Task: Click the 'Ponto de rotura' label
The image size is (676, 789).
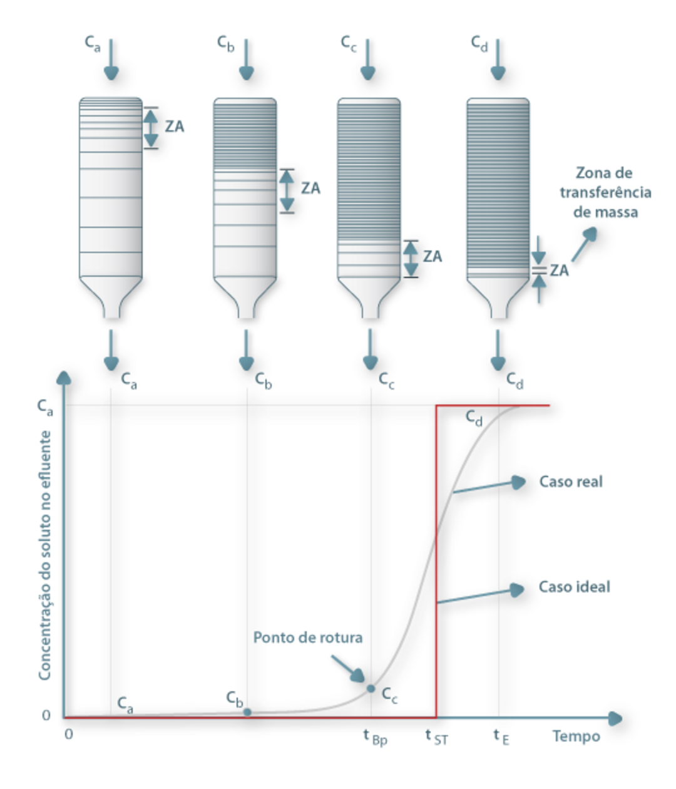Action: (307, 638)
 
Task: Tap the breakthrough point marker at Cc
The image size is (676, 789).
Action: (371, 689)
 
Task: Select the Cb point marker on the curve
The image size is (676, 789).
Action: (247, 712)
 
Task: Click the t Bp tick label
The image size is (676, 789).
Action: (375, 736)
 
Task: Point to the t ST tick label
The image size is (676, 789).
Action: (436, 736)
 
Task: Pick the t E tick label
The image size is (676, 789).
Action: (501, 736)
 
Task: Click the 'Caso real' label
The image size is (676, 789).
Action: (571, 482)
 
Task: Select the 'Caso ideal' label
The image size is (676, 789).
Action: (574, 587)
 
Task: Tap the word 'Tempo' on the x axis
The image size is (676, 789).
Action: (576, 736)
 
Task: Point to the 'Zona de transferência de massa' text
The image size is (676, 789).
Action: (605, 192)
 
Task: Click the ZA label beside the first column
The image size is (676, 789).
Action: (175, 126)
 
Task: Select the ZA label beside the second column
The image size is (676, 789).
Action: (310, 188)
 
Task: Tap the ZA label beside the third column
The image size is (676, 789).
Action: (433, 257)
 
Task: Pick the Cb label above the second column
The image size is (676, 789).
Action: (226, 43)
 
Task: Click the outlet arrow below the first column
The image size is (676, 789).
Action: (111, 350)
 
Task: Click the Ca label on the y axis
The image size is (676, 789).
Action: (45, 407)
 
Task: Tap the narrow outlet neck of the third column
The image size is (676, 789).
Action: (370, 311)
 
